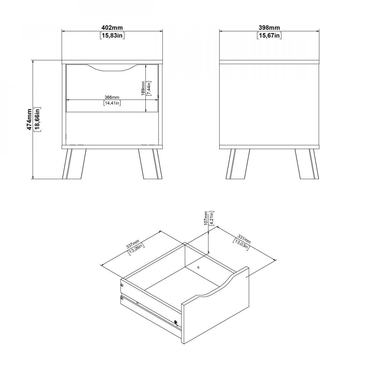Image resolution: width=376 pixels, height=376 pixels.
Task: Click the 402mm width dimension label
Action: [112, 28]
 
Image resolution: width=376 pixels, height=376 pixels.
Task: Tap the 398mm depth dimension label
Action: [269, 28]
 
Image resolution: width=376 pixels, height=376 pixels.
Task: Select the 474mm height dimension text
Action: [29, 119]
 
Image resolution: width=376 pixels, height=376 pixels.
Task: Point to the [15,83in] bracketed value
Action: [112, 35]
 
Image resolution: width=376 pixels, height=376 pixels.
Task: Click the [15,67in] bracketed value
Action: [269, 35]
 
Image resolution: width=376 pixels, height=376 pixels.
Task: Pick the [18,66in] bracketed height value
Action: [37, 119]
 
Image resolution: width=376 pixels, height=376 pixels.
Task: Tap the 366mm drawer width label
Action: [112, 97]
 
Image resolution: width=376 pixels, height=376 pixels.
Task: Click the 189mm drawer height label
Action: [143, 88]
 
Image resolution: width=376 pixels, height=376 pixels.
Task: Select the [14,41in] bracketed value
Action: [112, 103]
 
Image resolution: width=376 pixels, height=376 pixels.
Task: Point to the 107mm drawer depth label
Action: [206, 218]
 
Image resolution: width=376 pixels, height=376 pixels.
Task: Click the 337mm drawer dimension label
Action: [133, 244]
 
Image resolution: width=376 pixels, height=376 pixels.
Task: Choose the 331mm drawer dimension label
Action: [244, 239]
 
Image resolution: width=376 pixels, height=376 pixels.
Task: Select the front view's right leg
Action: [150, 164]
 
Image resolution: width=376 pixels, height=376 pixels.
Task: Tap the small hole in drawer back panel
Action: [198, 267]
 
